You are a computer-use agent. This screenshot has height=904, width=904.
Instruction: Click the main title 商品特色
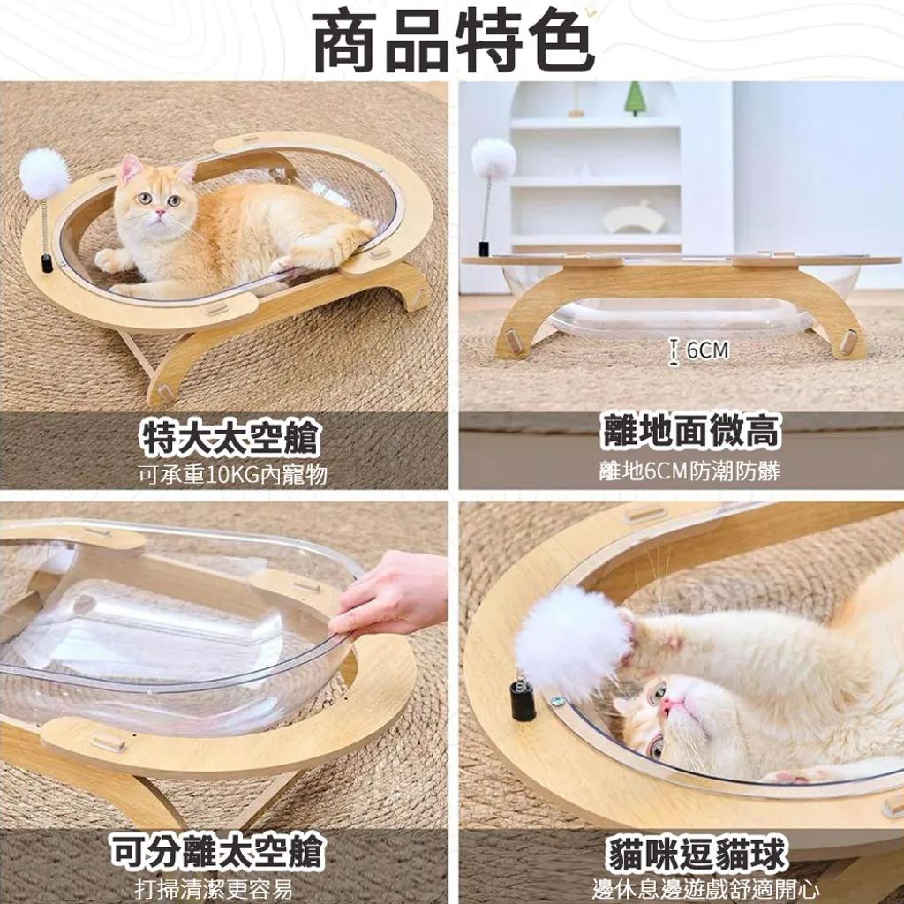[453, 39]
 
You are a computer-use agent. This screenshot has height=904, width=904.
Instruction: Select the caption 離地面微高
[690, 431]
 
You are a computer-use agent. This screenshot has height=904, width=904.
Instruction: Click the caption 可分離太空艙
[218, 852]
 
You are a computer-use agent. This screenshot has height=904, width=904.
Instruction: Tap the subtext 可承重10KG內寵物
[233, 474]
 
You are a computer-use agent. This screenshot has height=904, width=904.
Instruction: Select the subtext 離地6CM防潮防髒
[689, 471]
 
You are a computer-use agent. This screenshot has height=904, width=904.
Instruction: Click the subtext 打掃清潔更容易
[214, 888]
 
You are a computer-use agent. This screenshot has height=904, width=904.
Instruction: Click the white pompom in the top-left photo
[44, 173]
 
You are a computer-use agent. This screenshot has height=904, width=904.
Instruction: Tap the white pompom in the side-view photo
[493, 158]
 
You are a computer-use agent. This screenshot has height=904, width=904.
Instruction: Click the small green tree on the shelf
[635, 98]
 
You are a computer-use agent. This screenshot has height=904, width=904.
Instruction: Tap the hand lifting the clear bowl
[389, 594]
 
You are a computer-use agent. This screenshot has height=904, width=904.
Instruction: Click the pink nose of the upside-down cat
[670, 705]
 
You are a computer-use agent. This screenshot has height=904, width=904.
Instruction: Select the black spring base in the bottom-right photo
[523, 700]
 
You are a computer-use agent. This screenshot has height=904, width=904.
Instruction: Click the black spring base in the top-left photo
[47, 263]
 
